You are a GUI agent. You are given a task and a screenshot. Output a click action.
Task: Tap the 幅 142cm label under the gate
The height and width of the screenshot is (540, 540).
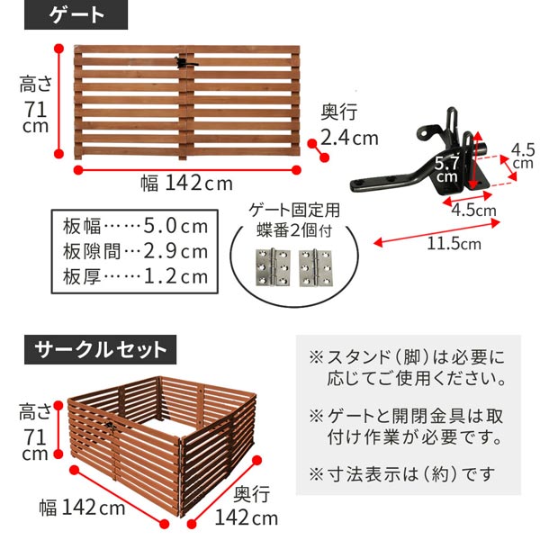tap(185, 183)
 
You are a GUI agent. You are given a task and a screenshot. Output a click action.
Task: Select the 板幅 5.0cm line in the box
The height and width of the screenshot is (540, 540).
tap(134, 224)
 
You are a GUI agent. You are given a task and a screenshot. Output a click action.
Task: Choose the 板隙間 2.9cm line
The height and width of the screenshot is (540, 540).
tap(134, 250)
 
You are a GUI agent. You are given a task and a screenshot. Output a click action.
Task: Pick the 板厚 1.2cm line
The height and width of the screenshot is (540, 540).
tap(134, 276)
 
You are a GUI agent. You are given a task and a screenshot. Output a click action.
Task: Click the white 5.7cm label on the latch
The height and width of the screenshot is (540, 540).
tap(446, 169)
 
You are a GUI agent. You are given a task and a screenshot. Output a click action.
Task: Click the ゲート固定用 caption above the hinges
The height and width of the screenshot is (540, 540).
tap(293, 212)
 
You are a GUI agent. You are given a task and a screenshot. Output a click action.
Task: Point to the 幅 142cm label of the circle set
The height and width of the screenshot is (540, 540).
tap(82, 508)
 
